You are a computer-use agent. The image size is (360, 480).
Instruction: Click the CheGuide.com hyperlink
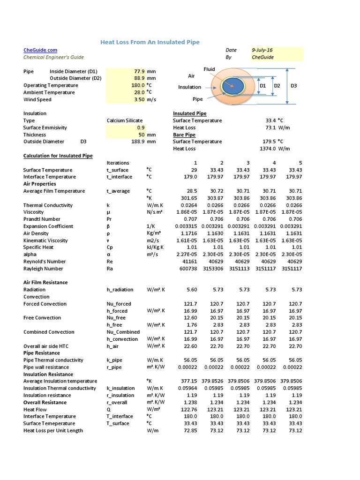pos(40,50)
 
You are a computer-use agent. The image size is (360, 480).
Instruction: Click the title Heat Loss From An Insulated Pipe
pos(150,43)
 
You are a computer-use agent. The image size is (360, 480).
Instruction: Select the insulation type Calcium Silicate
pos(125,120)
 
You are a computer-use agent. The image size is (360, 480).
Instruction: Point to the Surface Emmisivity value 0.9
pos(141,127)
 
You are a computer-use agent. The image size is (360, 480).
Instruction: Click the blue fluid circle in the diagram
pos(233,86)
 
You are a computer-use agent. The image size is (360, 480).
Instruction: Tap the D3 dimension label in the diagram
pos(294,86)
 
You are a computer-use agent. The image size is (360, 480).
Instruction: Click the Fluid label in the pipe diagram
pos(209,69)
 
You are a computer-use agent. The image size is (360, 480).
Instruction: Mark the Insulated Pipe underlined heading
pos(189,113)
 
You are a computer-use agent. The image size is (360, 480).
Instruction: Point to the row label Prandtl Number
pos(42,219)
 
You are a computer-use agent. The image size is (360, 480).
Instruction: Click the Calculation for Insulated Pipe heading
pos(58,156)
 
